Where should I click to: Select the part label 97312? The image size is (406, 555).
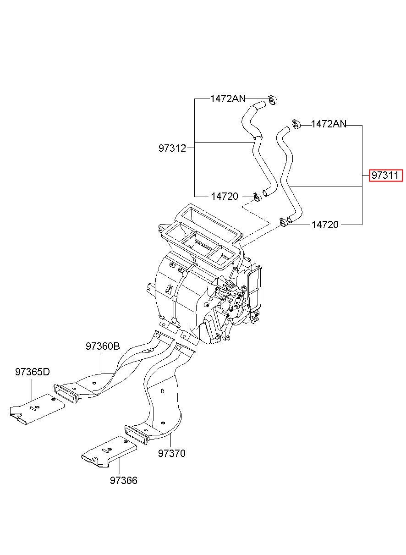172,148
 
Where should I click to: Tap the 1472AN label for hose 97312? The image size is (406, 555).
228,99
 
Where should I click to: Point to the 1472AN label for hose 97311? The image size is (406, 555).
329,124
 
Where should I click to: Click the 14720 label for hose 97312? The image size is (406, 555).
225,197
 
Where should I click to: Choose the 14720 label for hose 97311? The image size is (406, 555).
325,225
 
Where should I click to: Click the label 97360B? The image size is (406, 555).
103,346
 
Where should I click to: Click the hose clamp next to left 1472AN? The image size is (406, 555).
273,100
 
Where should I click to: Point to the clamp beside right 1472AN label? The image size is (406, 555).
296,124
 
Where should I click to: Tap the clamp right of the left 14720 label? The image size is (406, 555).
258,197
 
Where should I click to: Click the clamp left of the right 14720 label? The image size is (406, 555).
284,222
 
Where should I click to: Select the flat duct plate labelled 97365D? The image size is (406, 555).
37,410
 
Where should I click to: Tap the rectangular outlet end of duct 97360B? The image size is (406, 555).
66,394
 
